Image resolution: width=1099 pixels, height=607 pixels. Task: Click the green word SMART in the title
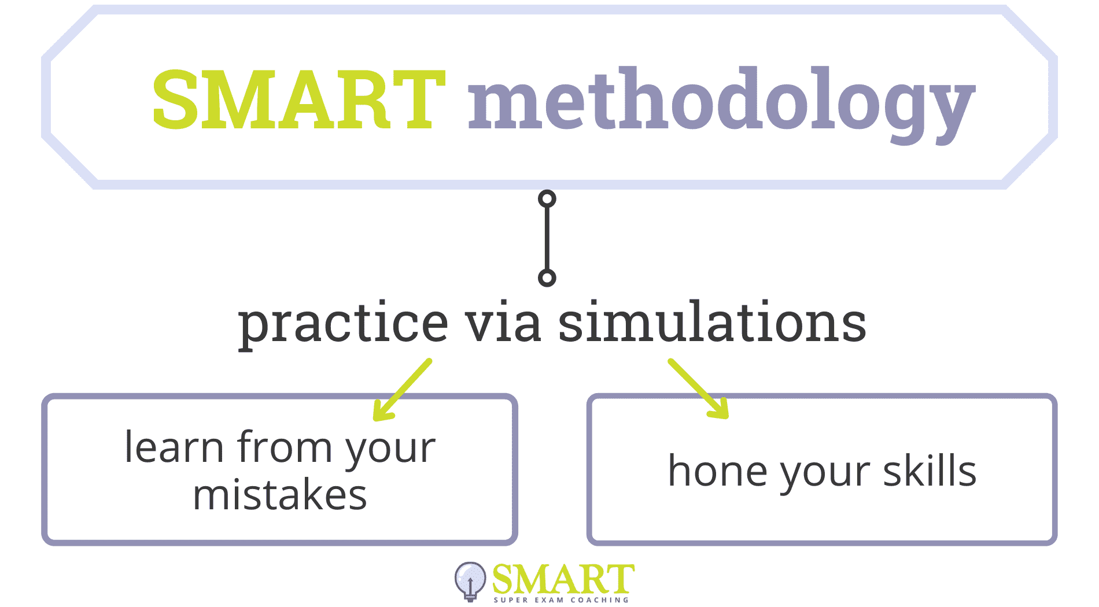[298, 99]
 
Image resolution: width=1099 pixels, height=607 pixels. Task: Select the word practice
[343, 324]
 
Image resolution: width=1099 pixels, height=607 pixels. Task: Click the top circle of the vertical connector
[547, 199]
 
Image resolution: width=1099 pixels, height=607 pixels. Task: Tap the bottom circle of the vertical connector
[547, 278]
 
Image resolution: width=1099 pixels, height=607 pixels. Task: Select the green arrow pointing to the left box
[403, 390]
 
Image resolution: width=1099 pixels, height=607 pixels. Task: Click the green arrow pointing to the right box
[698, 388]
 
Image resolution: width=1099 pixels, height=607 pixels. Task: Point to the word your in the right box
[825, 476]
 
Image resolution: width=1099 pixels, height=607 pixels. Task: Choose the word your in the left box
[391, 452]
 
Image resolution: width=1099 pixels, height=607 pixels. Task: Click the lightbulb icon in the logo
[470, 581]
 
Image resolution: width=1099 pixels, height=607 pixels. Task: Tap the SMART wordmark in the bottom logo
[563, 579]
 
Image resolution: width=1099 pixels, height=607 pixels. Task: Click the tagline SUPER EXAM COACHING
[561, 600]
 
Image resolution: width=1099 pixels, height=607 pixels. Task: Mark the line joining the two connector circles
[547, 238]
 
